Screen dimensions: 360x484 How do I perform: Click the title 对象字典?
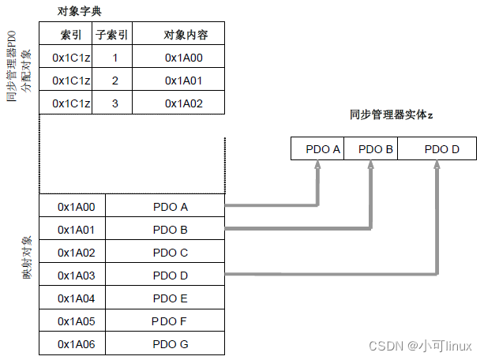(x=81, y=11)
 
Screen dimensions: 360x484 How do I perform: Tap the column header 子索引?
(x=113, y=35)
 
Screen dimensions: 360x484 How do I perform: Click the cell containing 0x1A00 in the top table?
(x=184, y=58)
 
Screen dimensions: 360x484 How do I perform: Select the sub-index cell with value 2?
(x=115, y=81)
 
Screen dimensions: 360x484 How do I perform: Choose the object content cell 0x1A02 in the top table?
(x=184, y=103)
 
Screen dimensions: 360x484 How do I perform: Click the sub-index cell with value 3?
(x=115, y=103)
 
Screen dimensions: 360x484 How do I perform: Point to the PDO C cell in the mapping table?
(x=171, y=253)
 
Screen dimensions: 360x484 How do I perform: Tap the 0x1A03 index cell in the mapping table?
(x=76, y=276)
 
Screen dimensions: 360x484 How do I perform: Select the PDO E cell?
(x=171, y=298)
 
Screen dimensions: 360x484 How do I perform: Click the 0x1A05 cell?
(x=76, y=321)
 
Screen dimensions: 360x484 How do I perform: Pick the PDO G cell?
(x=171, y=344)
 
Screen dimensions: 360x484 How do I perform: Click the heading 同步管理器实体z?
(x=392, y=114)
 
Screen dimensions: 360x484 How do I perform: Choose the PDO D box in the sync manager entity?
(x=441, y=148)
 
